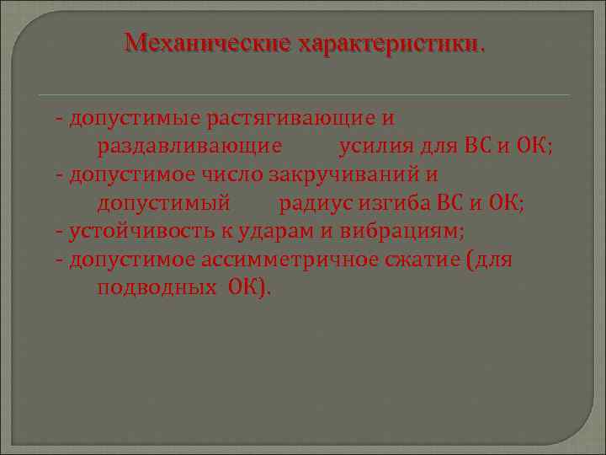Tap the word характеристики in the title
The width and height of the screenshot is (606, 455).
click(387, 42)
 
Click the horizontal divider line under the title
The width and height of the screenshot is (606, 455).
click(303, 94)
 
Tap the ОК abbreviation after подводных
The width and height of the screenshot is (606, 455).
click(247, 287)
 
